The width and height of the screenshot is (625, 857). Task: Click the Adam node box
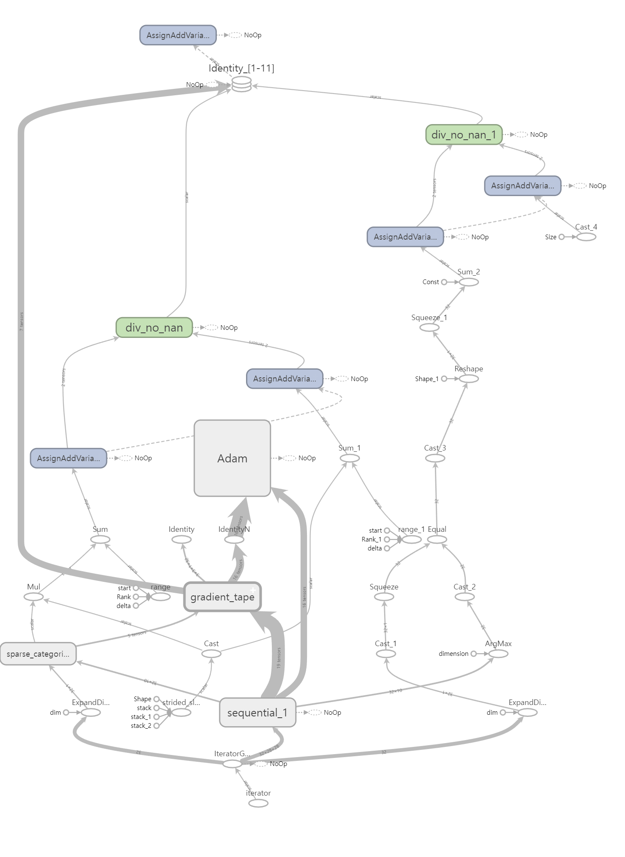pyautogui.click(x=232, y=458)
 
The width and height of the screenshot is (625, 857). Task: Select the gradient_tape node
pyautogui.click(x=222, y=597)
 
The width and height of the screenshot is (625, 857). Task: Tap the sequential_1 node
pyautogui.click(x=257, y=713)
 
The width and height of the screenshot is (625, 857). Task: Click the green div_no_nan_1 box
pyautogui.click(x=464, y=135)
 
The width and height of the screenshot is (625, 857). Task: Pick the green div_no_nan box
pyautogui.click(x=154, y=327)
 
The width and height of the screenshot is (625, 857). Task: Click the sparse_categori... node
pyautogui.click(x=38, y=654)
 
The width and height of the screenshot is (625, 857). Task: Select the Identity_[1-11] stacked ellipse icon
pyautogui.click(x=242, y=84)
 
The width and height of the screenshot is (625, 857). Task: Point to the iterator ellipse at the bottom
pyautogui.click(x=258, y=803)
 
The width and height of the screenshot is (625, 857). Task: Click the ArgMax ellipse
pyautogui.click(x=498, y=654)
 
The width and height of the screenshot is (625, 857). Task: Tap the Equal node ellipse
pyautogui.click(x=437, y=539)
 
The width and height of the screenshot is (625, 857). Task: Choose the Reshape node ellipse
pyautogui.click(x=469, y=379)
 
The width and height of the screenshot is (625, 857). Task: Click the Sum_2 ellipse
pyautogui.click(x=469, y=282)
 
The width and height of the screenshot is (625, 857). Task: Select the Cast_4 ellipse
pyautogui.click(x=586, y=237)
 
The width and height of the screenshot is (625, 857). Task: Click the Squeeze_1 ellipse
pyautogui.click(x=429, y=327)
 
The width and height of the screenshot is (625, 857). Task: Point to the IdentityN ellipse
pyautogui.click(x=234, y=539)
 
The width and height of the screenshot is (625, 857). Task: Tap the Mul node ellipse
pyautogui.click(x=33, y=597)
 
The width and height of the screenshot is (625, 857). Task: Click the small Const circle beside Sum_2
pyautogui.click(x=444, y=282)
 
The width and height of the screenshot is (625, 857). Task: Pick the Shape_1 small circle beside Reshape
pyautogui.click(x=444, y=379)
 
